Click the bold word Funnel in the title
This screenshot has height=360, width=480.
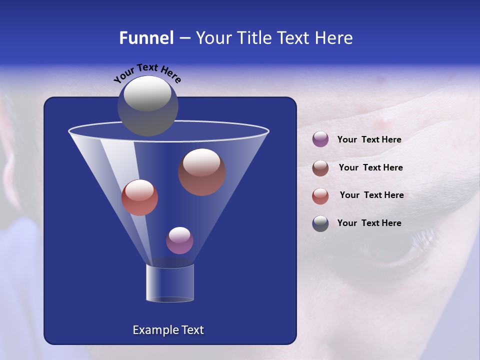[x=146, y=37]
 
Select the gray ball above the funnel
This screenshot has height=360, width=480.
[x=147, y=105]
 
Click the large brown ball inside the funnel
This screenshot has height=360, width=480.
[x=201, y=171]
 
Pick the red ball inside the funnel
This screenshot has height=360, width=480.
[x=139, y=197]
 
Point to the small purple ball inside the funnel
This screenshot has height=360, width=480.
[x=179, y=240]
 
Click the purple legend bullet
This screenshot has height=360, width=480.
[x=320, y=139]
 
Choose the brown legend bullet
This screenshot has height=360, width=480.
[x=320, y=167]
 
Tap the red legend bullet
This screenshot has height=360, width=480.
[x=320, y=195]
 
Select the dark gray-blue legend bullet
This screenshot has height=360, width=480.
[x=320, y=223]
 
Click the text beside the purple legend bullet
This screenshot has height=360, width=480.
[x=369, y=139]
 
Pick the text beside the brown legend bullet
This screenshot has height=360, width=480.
[x=370, y=167]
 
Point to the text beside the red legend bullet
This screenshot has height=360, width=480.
[x=371, y=195]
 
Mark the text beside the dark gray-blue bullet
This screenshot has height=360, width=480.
[x=369, y=223]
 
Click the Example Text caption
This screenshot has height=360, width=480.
[x=168, y=330]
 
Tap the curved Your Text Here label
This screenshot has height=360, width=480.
[x=147, y=73]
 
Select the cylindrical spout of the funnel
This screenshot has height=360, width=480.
[x=170, y=283]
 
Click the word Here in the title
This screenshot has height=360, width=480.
[x=334, y=37]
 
